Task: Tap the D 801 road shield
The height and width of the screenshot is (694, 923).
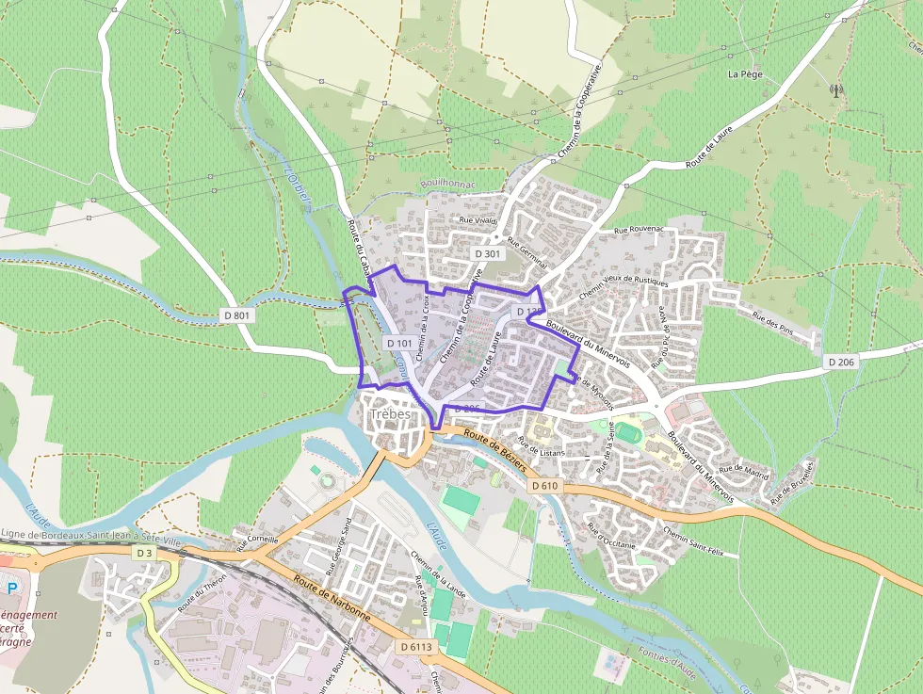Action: pyautogui.click(x=237, y=315)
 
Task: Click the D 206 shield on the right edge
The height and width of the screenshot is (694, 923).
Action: pyautogui.click(x=840, y=362)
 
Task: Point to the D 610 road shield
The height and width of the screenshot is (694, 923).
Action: pyautogui.click(x=543, y=486)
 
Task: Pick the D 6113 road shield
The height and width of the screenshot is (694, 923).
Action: pyautogui.click(x=415, y=647)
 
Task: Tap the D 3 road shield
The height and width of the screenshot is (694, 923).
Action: pyautogui.click(x=144, y=553)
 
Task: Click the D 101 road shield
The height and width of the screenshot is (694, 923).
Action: pyautogui.click(x=399, y=344)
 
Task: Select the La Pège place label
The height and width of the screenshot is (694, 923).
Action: pyautogui.click(x=745, y=73)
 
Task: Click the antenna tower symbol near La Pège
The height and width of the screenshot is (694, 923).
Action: pyautogui.click(x=835, y=91)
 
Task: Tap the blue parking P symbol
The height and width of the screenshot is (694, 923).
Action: pyautogui.click(x=13, y=588)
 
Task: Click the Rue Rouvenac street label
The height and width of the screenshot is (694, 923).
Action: pyautogui.click(x=639, y=230)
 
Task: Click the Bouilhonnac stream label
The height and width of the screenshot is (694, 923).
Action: pyautogui.click(x=448, y=185)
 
